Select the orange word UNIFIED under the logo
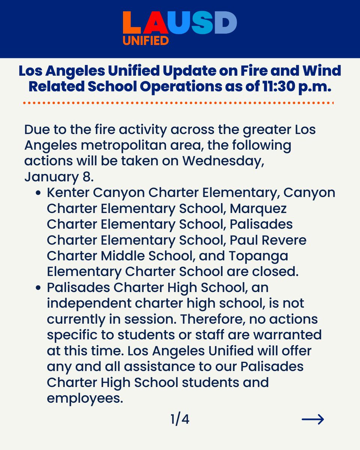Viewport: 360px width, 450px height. pyautogui.click(x=146, y=40)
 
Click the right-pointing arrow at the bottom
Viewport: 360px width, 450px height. pyautogui.click(x=313, y=419)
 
